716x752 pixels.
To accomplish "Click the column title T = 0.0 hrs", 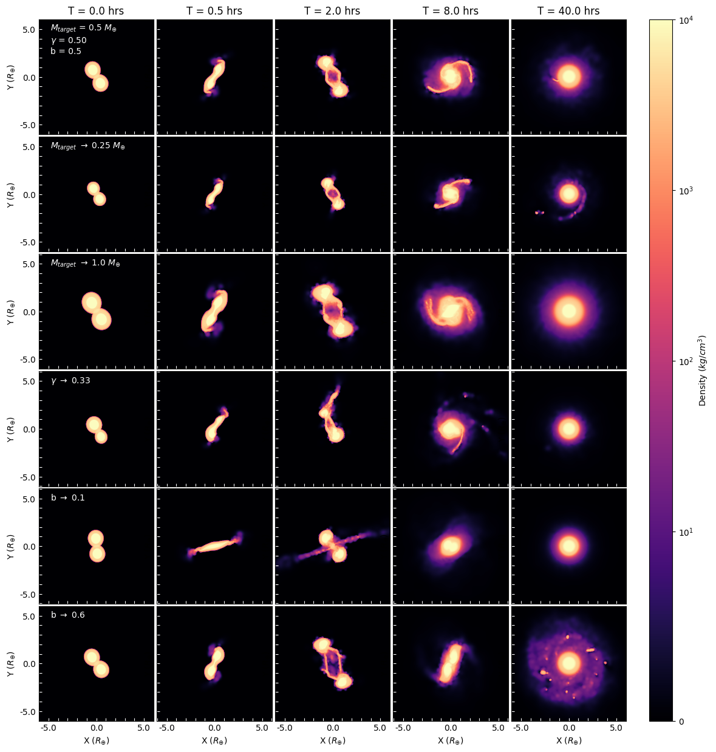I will click(x=96, y=11).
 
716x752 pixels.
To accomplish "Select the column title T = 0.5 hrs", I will click(x=214, y=11).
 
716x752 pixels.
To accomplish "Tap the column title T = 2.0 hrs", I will click(x=332, y=11).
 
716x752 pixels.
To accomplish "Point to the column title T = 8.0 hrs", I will click(x=451, y=11).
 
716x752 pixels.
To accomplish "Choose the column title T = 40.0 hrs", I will click(x=568, y=11).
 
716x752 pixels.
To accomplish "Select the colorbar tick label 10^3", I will click(x=686, y=191).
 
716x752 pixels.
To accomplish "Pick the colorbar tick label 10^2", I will click(x=686, y=361).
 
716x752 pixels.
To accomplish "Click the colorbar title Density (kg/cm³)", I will click(x=703, y=370).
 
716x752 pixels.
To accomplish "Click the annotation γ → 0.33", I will click(x=70, y=381).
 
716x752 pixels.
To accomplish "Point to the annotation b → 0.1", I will click(x=68, y=498).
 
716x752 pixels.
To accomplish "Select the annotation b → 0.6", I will click(x=68, y=615).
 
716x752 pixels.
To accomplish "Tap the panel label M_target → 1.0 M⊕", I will click(x=86, y=264).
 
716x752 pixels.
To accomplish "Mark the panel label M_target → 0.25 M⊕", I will click(x=88, y=146).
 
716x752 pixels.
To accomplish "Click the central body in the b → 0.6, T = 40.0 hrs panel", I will click(x=569, y=663).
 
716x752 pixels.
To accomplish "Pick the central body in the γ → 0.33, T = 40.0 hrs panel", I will click(x=569, y=429).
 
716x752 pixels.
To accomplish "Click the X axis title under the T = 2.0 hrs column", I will click(x=332, y=741).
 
